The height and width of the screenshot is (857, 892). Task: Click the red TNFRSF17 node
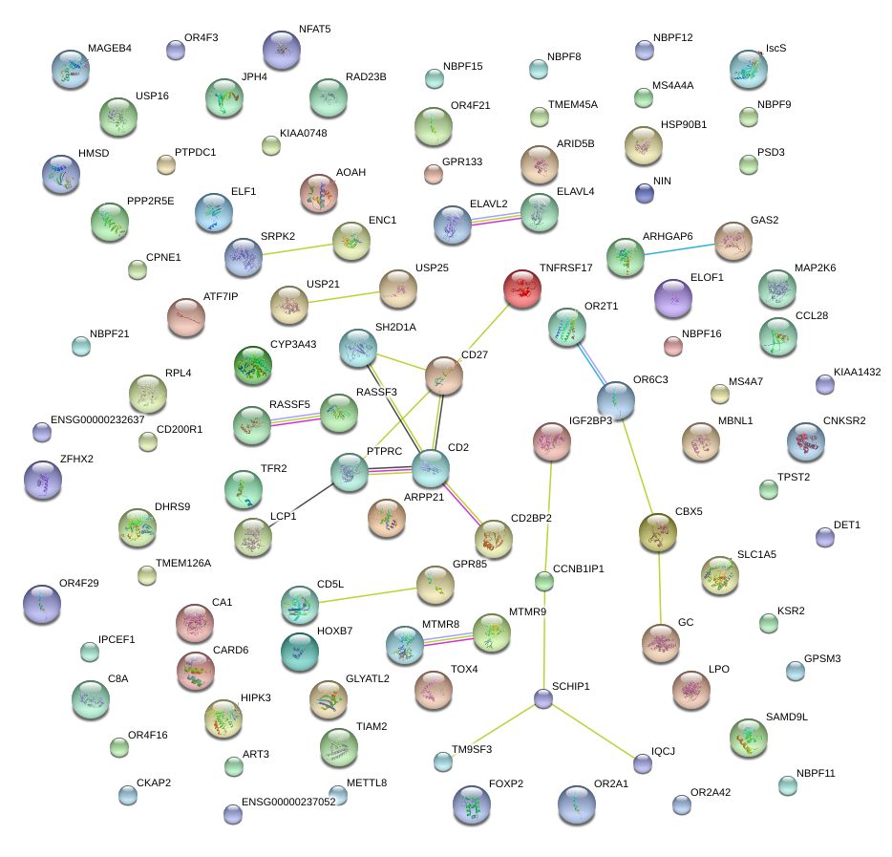[x=522, y=288]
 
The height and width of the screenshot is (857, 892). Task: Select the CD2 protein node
[x=430, y=468]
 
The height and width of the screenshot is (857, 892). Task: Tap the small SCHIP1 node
[x=543, y=698]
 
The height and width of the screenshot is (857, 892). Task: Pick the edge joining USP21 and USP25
[x=350, y=297]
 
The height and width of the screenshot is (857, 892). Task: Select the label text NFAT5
[x=314, y=30]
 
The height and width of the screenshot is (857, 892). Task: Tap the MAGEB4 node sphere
[x=71, y=69]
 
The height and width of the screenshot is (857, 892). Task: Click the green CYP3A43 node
[x=253, y=364]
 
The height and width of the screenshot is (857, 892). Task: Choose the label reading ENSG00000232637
[x=97, y=419]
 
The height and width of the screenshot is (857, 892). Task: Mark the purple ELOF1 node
[x=672, y=298]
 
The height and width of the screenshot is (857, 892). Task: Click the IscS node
[x=748, y=68]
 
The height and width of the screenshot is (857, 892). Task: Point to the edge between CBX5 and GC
[x=659, y=588]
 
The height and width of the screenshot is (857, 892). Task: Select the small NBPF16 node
[x=673, y=346]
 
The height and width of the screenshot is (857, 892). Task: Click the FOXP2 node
[x=471, y=804]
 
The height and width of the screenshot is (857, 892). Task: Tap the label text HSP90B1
[x=683, y=125]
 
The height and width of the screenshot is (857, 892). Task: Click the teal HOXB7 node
[x=300, y=651]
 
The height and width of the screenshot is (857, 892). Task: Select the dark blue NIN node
[x=645, y=193]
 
